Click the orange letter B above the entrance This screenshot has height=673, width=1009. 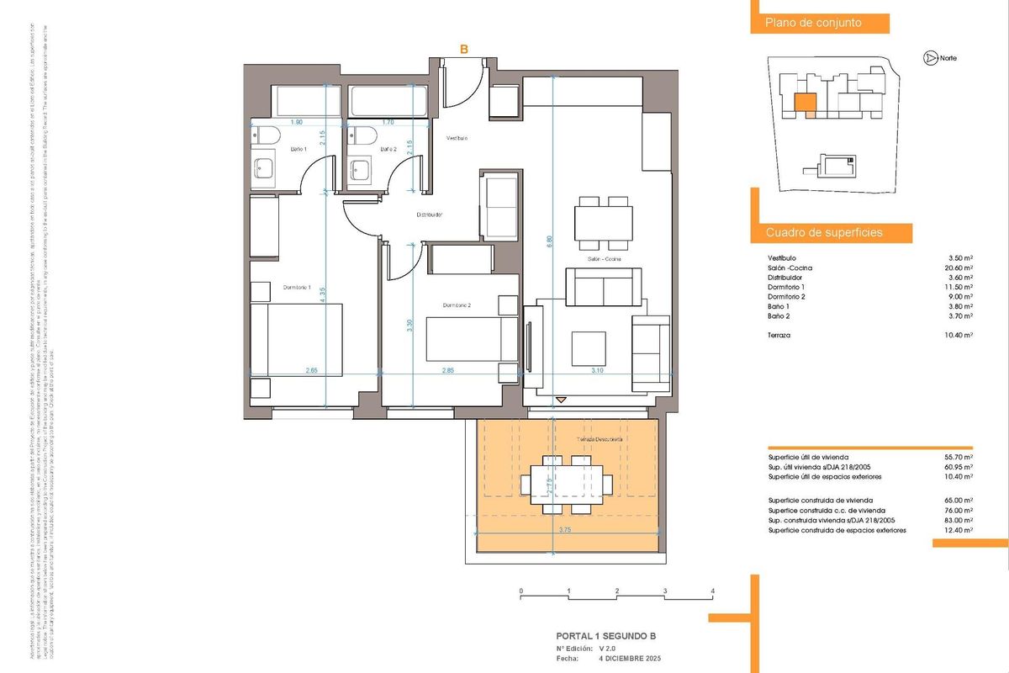463,50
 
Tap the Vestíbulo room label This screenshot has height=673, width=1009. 457,137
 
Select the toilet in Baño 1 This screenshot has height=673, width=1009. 266,134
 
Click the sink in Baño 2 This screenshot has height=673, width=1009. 362,169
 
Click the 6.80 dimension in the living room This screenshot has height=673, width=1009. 550,239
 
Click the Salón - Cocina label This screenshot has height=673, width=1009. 604,259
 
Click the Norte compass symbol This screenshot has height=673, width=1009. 929,58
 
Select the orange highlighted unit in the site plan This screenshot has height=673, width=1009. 805,103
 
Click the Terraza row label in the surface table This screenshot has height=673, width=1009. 780,335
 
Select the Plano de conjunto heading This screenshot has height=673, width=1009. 813,24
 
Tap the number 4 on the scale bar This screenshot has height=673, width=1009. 713,591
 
